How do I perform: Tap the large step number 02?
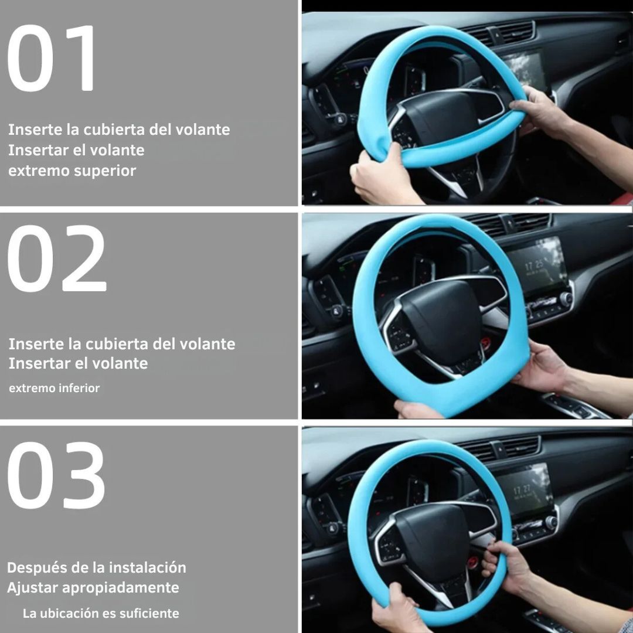point(57,258)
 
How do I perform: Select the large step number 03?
point(56,475)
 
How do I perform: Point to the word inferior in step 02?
point(79,388)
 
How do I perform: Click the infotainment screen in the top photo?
point(525,69)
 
